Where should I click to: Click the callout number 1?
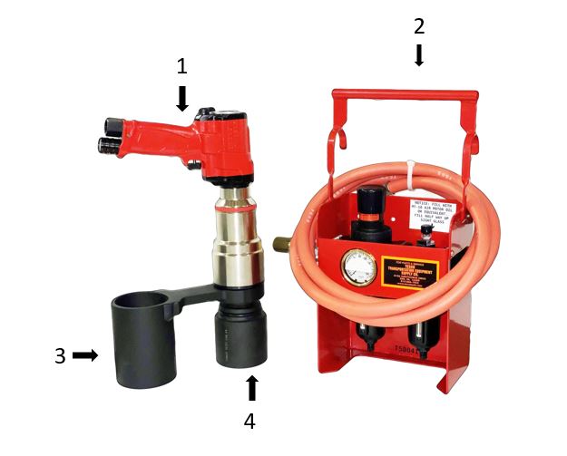tap(182, 66)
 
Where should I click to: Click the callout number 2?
tap(418, 26)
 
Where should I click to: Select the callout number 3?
tap(60, 356)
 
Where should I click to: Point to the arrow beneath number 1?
tap(182, 98)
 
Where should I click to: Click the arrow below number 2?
tap(418, 55)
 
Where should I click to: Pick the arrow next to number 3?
tap(85, 355)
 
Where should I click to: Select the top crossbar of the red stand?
tap(406, 93)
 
